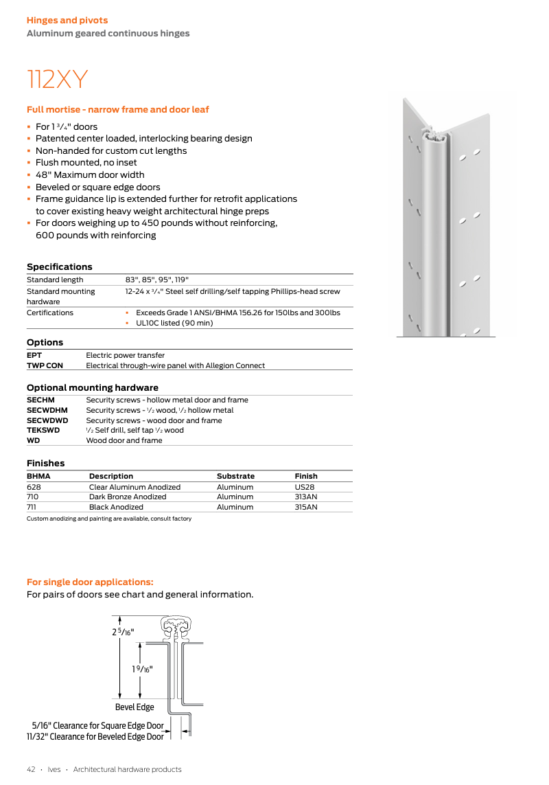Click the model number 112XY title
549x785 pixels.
tap(58, 80)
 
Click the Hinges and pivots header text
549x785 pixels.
tap(67, 21)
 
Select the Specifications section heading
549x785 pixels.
tap(59, 266)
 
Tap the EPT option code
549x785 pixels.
tap(34, 355)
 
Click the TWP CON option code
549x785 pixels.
tap(45, 365)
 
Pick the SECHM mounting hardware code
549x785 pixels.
tap(40, 400)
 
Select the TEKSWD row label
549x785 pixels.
tap(43, 430)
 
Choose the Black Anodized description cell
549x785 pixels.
tap(116, 507)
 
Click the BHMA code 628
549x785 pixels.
tap(34, 487)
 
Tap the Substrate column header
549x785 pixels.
tap(235, 476)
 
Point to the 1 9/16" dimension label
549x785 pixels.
tap(141, 668)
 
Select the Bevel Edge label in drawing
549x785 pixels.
tap(135, 707)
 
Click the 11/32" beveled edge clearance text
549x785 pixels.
tap(95, 736)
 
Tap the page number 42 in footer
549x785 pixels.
tap(31, 769)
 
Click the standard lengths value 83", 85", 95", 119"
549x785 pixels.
tap(156, 280)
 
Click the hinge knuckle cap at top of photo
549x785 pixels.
tap(434, 132)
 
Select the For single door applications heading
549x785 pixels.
tap(90, 582)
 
